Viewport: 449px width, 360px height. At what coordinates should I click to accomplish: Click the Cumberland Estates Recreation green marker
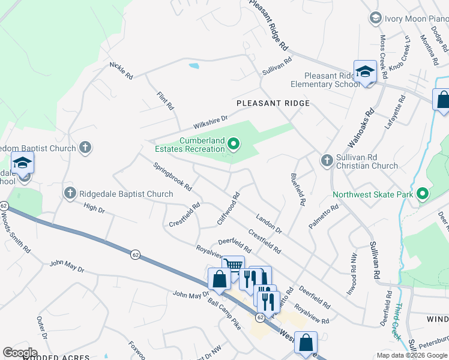click(235, 143)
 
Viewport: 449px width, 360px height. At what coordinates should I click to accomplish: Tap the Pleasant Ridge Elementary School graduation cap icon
click(364, 72)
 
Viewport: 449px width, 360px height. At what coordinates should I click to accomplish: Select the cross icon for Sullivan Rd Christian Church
click(327, 160)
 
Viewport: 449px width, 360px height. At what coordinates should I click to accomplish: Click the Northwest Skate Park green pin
click(423, 194)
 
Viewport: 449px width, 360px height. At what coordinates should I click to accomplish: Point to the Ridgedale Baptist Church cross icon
click(70, 193)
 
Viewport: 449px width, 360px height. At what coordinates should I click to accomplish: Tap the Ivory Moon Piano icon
click(376, 18)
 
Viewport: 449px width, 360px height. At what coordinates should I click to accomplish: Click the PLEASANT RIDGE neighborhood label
click(273, 103)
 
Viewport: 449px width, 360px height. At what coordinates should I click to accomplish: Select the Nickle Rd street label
click(121, 70)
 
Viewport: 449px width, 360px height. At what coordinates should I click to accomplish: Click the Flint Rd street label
click(165, 101)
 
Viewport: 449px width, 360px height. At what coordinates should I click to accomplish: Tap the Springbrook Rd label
click(172, 176)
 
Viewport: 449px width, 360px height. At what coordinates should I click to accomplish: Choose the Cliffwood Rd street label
click(229, 208)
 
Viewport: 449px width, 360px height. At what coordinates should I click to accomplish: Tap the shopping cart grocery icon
click(233, 265)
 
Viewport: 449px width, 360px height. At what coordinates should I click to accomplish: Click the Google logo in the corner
click(20, 353)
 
